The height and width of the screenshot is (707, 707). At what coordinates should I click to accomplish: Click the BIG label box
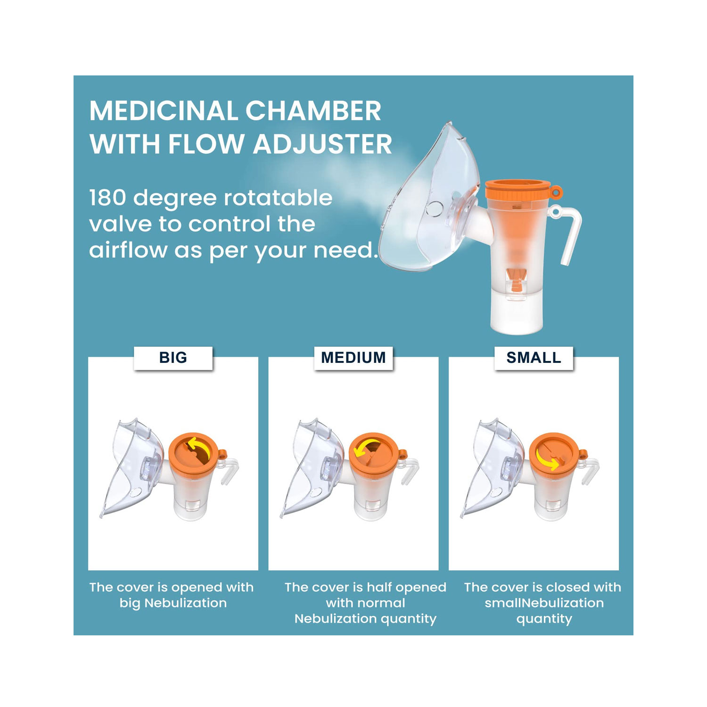click(173, 358)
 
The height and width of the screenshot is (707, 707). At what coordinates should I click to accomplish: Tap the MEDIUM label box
click(353, 358)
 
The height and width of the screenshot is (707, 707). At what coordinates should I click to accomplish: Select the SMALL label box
click(534, 358)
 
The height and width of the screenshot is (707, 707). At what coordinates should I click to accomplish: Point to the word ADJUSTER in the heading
click(323, 144)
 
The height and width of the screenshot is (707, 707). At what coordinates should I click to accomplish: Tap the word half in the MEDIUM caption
click(379, 587)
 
